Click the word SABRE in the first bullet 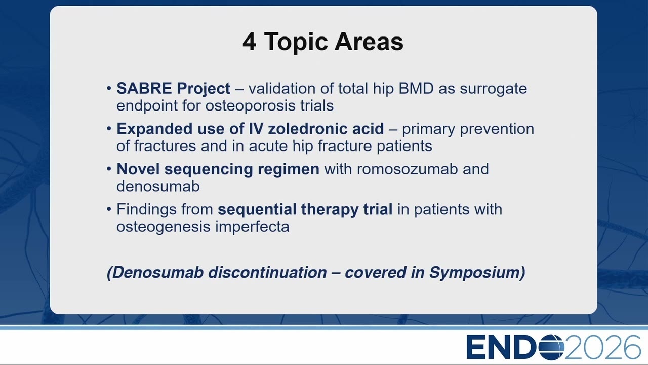(144, 88)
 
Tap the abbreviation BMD (416, 88)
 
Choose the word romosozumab (408, 169)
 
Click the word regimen (289, 170)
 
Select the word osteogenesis (164, 227)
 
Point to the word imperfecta (252, 226)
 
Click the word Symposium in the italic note (477, 273)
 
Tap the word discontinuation (268, 272)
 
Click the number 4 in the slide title (250, 42)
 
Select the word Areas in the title (369, 42)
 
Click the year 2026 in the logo (603, 347)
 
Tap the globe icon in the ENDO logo (551, 347)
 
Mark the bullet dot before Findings (109, 209)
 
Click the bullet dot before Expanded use (109, 128)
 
